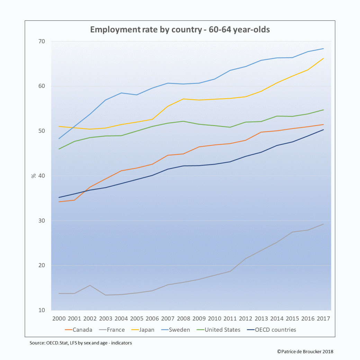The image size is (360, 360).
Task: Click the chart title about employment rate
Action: click(x=180, y=29)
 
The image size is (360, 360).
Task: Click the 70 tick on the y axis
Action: click(x=42, y=42)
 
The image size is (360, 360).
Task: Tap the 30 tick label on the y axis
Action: click(x=42, y=221)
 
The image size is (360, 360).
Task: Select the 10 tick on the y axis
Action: click(x=42, y=310)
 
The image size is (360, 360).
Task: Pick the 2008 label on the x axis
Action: click(x=183, y=318)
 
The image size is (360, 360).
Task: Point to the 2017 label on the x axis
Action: click(x=323, y=318)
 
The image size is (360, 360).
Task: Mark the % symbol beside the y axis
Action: click(x=34, y=175)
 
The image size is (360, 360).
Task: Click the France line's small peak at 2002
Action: click(x=90, y=285)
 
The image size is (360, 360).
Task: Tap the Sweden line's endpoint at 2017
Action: click(x=323, y=48)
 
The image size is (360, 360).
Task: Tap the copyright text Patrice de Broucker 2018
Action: click(x=305, y=351)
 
